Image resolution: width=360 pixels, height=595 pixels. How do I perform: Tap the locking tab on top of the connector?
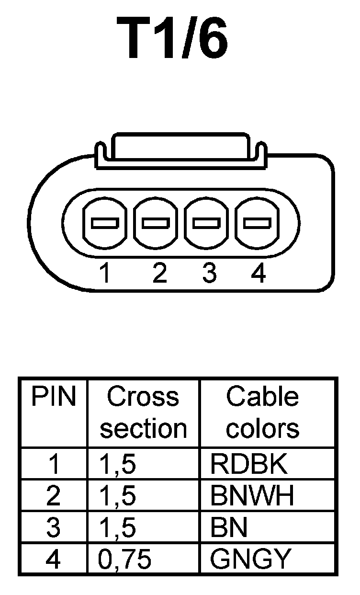point(180,150)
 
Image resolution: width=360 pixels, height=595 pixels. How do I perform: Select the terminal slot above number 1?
point(105,223)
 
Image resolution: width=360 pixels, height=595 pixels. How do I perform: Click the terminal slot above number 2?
point(156,223)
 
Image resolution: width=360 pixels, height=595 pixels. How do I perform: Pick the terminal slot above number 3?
point(206,223)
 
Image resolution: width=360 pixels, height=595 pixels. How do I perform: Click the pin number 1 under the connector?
point(105,274)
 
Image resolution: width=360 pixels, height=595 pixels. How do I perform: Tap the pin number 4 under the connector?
point(258,274)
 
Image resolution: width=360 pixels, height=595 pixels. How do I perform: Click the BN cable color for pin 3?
point(229,527)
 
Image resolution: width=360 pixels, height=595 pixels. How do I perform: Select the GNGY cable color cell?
point(250,559)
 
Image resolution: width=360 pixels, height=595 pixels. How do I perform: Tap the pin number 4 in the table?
point(54,559)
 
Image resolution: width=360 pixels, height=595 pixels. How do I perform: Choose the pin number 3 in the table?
point(54,527)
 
